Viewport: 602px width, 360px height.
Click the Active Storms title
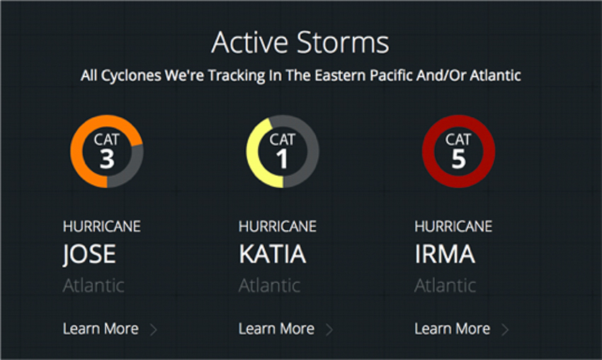tap(300, 43)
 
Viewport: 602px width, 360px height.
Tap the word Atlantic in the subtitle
tap(495, 75)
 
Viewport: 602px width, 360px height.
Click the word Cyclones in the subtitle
tap(131, 76)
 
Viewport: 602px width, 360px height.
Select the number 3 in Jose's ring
tap(107, 159)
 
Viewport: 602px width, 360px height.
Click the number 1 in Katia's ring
tap(282, 159)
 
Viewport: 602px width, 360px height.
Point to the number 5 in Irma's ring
tap(458, 159)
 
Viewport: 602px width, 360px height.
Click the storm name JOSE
tap(89, 254)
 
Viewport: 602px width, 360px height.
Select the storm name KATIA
tap(272, 254)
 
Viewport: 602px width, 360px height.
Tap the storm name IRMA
tap(445, 254)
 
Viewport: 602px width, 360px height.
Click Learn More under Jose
tap(101, 329)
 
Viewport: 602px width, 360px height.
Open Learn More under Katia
tap(276, 329)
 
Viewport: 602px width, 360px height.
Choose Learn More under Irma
tap(453, 329)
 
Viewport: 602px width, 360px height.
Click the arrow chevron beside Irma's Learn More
tap(506, 330)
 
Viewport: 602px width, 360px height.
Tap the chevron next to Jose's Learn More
tap(154, 330)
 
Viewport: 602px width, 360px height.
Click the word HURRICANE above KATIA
tap(278, 226)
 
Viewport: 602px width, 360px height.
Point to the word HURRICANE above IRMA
tap(453, 226)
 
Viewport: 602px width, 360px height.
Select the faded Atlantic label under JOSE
tap(93, 286)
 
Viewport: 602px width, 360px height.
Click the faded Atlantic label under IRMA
tap(445, 286)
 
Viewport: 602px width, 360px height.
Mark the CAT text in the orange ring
tap(107, 140)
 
